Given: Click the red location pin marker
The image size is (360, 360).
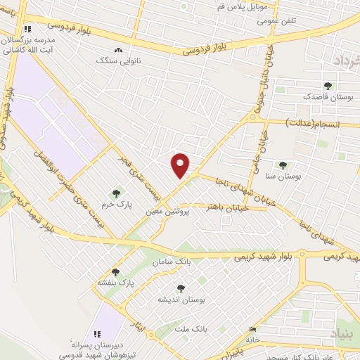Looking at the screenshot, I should tap(181, 165).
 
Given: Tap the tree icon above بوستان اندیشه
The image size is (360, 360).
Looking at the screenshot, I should tap(181, 288).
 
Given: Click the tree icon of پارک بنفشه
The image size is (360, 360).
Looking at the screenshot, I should tap(115, 272).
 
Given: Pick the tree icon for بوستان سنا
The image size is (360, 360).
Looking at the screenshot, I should tap(283, 165).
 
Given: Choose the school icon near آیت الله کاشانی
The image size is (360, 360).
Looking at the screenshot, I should tap(27, 29).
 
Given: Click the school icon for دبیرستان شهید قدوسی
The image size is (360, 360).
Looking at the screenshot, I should tap(97, 334).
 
